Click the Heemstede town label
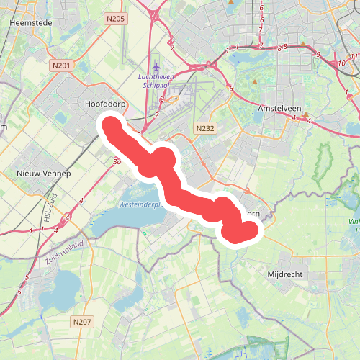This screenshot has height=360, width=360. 30,22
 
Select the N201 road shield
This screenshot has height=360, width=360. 61,66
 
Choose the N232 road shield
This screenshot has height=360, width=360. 205,127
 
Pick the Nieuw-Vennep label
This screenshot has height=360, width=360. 44,174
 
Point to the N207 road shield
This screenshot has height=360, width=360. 82,321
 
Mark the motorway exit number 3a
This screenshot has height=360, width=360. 117,163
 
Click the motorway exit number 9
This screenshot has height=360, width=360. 318,54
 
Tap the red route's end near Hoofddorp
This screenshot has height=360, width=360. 111,125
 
